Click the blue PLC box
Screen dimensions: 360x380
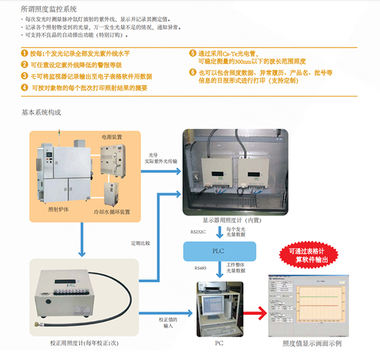click(217, 251)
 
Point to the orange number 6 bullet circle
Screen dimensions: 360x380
click(192, 72)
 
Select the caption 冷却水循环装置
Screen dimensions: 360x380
click(112, 212)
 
